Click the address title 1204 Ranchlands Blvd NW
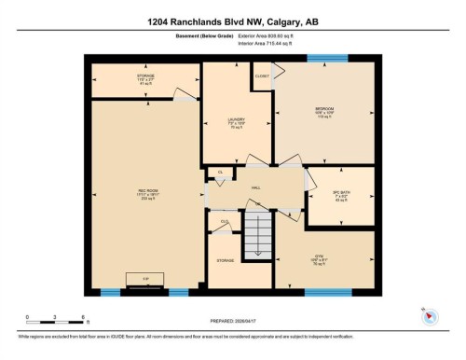233,21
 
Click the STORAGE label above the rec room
144,77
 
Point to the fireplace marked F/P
144,280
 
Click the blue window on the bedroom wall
328,58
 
